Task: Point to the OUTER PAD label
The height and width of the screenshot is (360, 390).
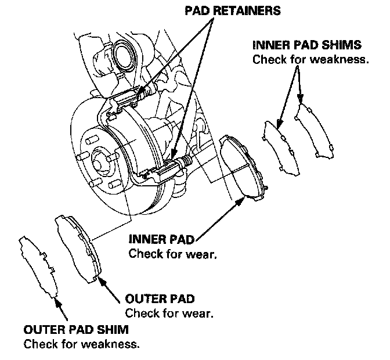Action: pyautogui.click(x=160, y=299)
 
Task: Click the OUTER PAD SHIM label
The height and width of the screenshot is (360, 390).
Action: pyautogui.click(x=77, y=330)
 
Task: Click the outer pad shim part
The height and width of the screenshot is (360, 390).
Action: pyautogui.click(x=41, y=267)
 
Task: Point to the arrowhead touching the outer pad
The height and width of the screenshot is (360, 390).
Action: pyautogui.click(x=102, y=281)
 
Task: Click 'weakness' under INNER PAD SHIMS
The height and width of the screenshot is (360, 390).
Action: pyautogui.click(x=343, y=59)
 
